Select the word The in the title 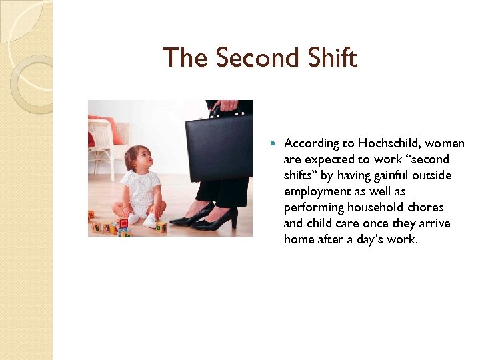[185, 58]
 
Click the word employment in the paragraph [317, 191]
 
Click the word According [312, 143]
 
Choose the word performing [314, 207]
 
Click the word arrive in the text [433, 223]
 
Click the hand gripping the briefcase [229, 105]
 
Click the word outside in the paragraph [433, 175]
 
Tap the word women [445, 143]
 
